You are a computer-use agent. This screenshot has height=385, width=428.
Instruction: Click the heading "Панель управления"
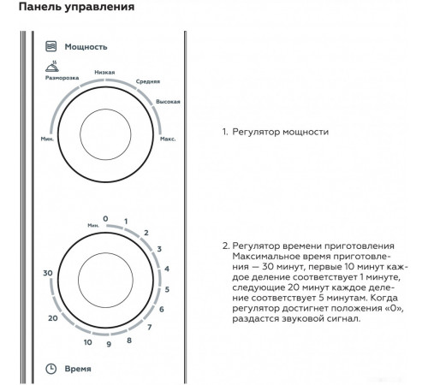(76, 7)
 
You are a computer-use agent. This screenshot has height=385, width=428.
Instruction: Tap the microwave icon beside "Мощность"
(51, 46)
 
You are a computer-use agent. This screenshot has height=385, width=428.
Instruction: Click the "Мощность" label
(86, 47)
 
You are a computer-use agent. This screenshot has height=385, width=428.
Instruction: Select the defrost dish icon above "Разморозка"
(52, 66)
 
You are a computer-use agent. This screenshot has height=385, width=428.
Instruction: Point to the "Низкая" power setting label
(104, 73)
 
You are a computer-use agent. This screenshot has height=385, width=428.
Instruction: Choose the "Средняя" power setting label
(148, 81)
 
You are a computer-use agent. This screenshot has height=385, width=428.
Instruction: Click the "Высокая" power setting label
(168, 102)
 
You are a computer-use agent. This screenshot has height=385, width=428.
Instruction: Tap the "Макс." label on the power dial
(168, 139)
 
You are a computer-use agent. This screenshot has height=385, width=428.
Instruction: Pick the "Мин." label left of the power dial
(47, 139)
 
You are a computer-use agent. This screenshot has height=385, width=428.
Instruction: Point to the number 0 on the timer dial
(105, 219)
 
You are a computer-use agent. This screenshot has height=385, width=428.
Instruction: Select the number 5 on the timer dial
(167, 289)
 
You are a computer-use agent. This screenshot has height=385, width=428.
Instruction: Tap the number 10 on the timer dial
(88, 342)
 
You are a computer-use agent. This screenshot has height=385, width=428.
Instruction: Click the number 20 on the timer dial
(53, 318)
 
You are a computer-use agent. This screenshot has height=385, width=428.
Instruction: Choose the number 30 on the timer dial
(48, 273)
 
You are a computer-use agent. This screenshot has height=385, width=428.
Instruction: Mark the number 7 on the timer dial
(149, 327)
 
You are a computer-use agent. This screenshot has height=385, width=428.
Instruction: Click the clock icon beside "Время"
(51, 369)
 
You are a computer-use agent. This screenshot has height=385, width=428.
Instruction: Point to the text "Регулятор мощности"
(281, 132)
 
